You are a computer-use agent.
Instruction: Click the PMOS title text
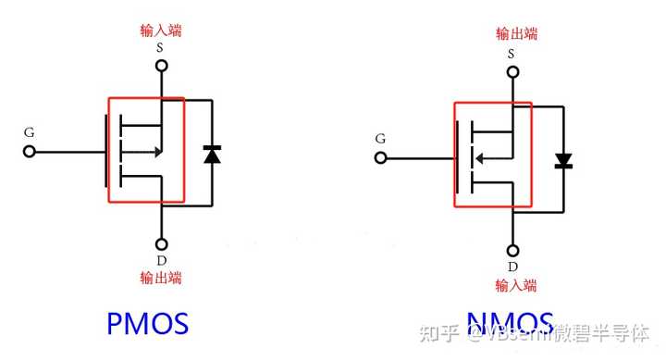[148, 324]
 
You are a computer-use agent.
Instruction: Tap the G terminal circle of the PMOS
[30, 151]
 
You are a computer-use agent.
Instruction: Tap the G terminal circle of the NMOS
[380, 158]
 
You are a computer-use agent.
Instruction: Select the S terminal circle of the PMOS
[161, 66]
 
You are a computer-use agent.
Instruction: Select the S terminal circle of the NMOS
[512, 71]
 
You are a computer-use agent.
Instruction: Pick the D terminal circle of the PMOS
[161, 245]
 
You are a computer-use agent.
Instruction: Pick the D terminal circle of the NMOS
[512, 251]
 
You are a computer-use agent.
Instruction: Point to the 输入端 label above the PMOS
[161, 31]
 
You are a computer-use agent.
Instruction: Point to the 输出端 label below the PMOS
[161, 278]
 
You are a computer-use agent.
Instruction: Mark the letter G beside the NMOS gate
[380, 139]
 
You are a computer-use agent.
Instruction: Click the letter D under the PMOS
[161, 262]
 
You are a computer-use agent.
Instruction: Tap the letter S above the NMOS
[512, 54]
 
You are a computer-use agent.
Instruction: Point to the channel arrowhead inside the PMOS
[159, 151]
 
